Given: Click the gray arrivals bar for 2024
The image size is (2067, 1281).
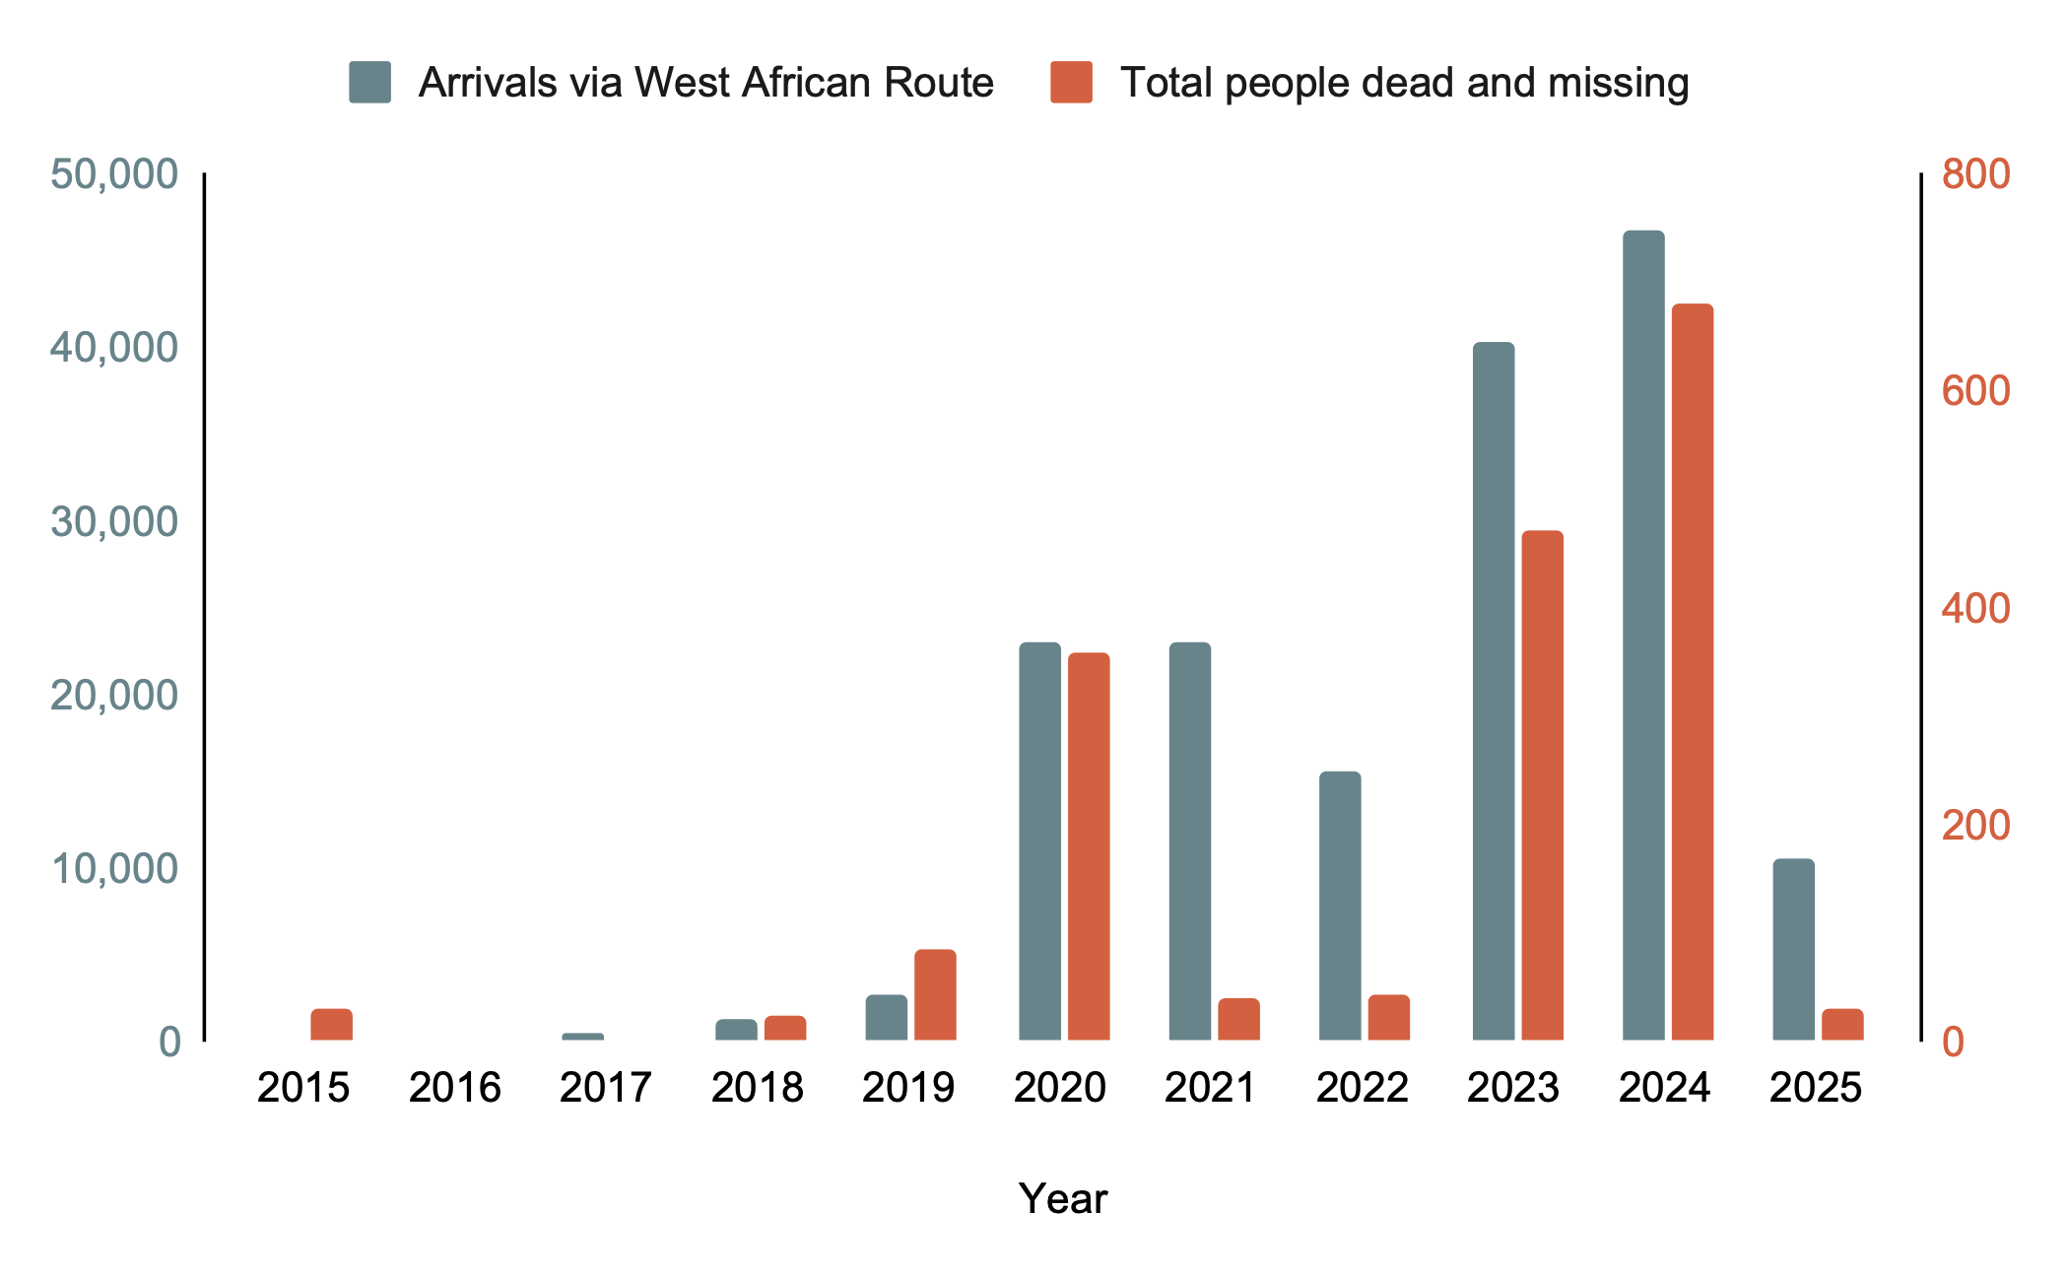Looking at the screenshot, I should (1643, 636).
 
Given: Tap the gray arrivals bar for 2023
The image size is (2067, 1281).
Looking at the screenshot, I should (1494, 691).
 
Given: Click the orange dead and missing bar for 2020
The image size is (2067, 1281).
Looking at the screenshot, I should (1089, 846).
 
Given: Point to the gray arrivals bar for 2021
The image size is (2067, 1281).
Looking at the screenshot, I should (1190, 842).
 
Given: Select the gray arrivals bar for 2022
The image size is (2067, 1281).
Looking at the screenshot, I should (1340, 906).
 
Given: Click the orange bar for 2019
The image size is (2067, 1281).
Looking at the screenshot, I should (935, 994).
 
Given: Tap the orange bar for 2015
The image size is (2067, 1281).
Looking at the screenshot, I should (331, 1025).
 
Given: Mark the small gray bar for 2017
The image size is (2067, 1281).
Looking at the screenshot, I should (582, 1037).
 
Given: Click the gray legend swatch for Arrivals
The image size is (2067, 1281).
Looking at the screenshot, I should (369, 83).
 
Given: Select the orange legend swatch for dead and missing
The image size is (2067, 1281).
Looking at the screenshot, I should (1071, 83).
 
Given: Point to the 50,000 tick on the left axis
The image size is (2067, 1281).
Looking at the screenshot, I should (114, 174).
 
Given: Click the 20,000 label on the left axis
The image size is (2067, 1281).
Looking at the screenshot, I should (114, 696).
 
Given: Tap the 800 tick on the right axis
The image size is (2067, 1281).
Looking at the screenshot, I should (1975, 174).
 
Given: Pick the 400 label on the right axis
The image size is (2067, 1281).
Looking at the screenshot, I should (1975, 609).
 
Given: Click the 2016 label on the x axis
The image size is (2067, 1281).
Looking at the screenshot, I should (455, 1088).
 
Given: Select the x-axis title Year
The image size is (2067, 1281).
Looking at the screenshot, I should (1063, 1199).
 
